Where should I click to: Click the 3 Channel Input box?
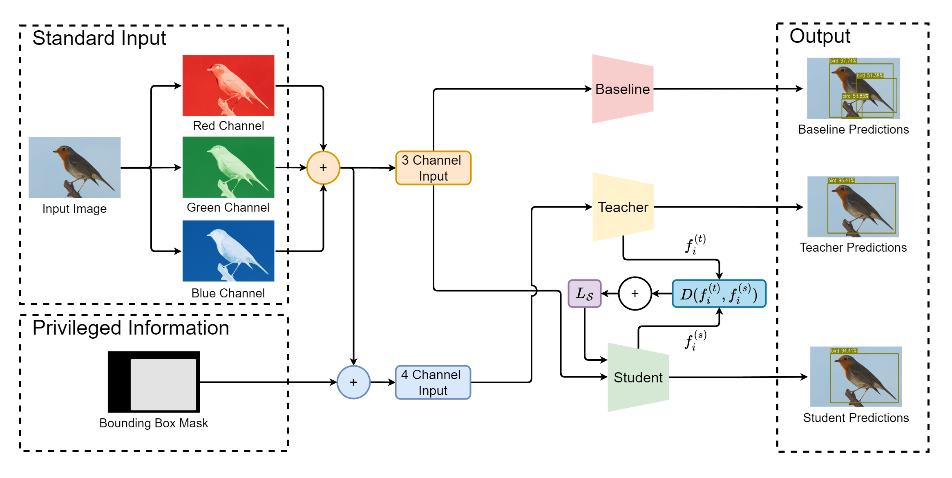point(433,168)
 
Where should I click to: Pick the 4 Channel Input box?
point(433,382)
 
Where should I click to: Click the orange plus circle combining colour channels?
point(323,168)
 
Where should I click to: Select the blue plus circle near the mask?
point(353,382)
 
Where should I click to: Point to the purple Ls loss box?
point(584,293)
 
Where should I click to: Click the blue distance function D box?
point(719,294)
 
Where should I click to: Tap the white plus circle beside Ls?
point(635,293)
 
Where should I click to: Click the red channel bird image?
point(228,85)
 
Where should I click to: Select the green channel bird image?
point(228,167)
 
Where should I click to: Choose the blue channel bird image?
point(228,251)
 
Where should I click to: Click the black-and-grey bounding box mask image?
point(154,382)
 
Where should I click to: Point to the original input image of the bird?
point(74,168)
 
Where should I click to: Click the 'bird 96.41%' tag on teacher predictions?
point(841,180)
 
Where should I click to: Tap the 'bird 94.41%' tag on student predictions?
point(844,351)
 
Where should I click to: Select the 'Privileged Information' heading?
point(131,328)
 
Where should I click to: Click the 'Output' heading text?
point(820,36)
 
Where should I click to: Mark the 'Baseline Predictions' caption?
point(853,130)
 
